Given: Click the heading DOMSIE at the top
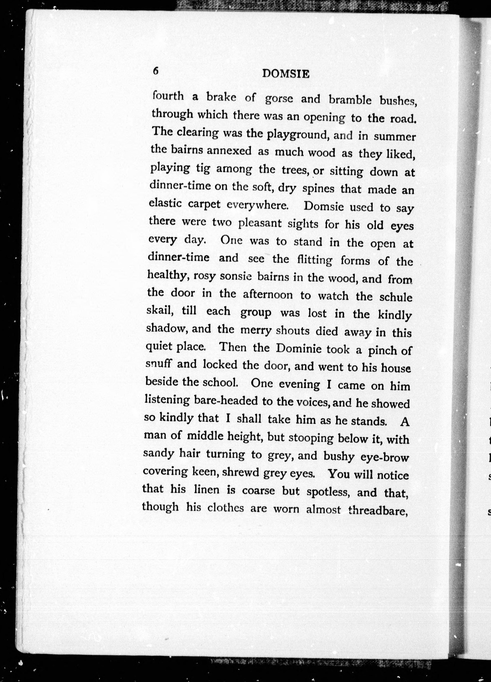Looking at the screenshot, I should coord(286,74).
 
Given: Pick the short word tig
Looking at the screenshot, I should coord(203,169).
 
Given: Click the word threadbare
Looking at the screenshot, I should coord(378,510).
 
